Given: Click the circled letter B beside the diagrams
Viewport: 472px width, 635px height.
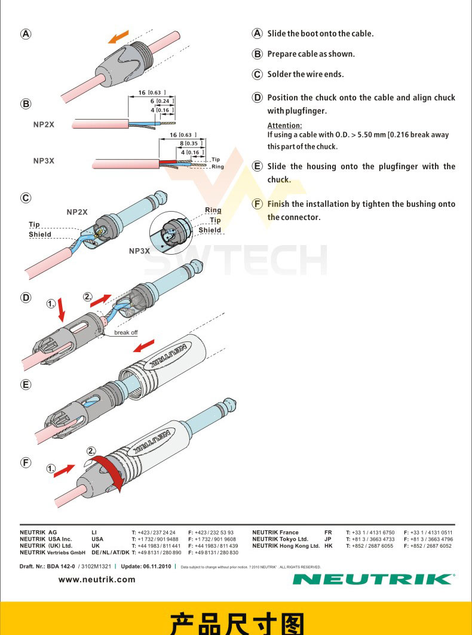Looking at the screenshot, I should (x=26, y=104).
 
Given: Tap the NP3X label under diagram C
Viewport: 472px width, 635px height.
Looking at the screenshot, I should (x=140, y=251).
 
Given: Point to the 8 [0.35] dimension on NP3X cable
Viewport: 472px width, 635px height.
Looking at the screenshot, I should (x=189, y=144).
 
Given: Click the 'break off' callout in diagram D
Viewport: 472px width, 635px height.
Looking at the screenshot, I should (x=125, y=332).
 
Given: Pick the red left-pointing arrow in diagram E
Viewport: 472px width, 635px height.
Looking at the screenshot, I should (x=143, y=346).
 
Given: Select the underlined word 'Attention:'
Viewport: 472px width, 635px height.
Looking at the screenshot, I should (x=284, y=126).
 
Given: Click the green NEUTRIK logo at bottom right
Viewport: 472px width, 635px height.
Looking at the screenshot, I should (x=374, y=579).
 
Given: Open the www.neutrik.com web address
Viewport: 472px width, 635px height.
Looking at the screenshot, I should (x=97, y=579).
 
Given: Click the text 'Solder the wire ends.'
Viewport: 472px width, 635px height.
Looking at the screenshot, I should (x=305, y=74).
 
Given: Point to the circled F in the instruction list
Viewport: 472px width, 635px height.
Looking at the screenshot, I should (x=258, y=204).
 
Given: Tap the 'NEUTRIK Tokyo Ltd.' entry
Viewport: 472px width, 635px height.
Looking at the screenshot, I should (x=280, y=539).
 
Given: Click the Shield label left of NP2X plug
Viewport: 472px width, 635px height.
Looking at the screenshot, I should (x=40, y=234).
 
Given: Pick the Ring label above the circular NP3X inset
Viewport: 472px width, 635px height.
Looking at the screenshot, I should (x=213, y=210).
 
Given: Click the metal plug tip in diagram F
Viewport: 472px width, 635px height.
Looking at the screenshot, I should (x=229, y=406).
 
